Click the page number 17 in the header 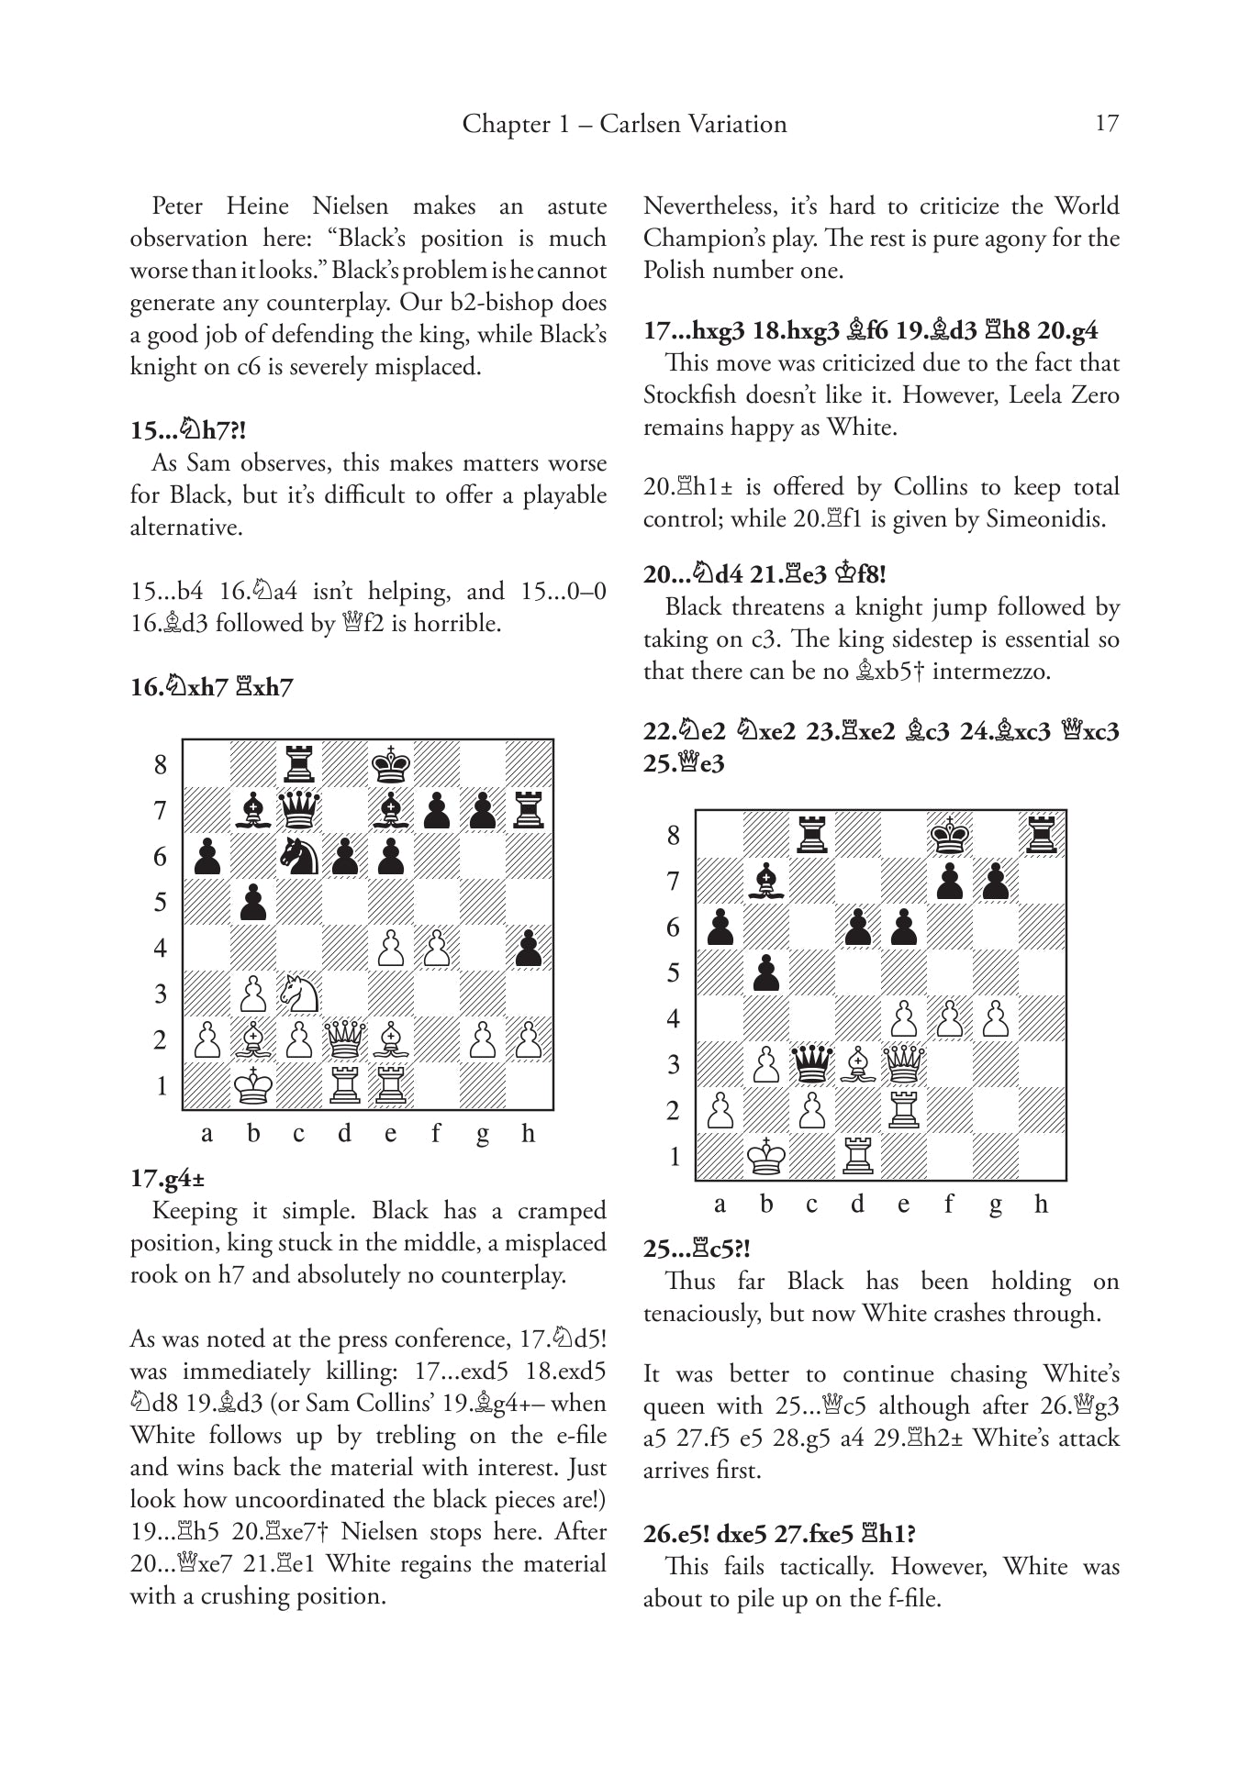1107,124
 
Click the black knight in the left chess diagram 299,855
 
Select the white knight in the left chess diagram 299,993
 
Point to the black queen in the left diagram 299,809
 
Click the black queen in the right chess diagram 811,1063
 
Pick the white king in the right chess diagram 765,1156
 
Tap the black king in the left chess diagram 391,763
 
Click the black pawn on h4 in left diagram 529,947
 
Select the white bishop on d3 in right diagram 857,1063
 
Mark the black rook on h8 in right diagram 1042,834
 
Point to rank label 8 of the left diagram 161,764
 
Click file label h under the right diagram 1041,1204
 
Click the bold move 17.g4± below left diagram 167,1179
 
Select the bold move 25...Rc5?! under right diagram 697,1249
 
